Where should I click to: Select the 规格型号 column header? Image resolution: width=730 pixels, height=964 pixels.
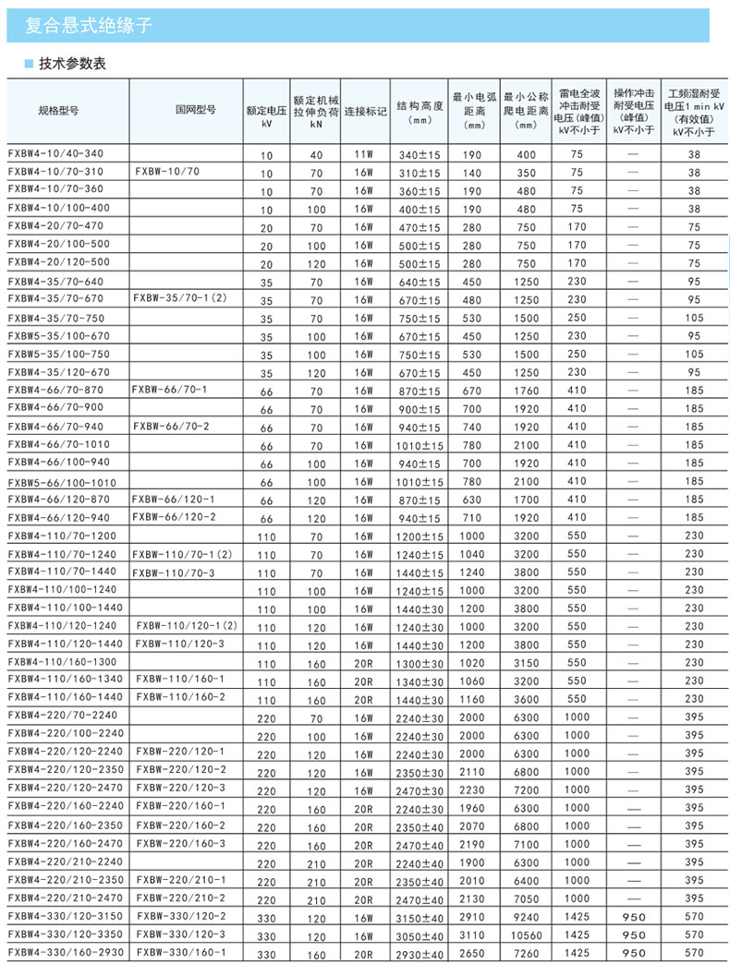pos(57,109)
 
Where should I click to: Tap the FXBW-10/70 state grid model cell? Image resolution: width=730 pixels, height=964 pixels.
pos(166,172)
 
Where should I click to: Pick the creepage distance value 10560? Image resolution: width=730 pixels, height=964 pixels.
pos(527,934)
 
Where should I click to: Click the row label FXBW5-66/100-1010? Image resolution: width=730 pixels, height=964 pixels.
pos(62,482)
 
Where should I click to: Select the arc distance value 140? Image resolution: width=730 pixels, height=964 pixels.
pos(472,173)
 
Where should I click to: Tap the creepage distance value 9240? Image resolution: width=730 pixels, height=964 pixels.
pos(527,916)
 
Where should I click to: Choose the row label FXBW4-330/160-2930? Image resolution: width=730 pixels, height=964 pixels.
pos(64,952)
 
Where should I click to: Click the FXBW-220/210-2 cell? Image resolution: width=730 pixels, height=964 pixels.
pos(180,898)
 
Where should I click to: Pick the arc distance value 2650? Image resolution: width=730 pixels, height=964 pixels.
pos(472,953)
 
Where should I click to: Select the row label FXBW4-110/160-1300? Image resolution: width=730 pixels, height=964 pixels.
pos(64,662)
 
